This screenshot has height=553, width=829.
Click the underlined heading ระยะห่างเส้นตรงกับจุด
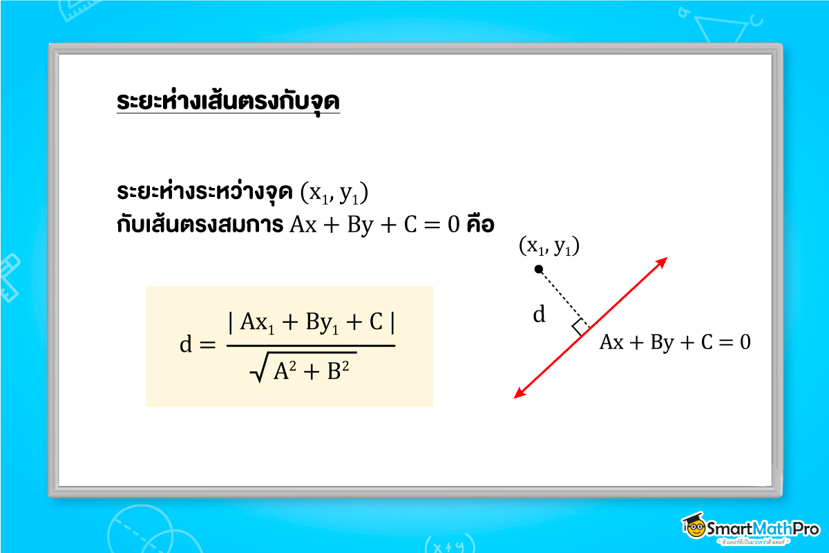click(x=228, y=101)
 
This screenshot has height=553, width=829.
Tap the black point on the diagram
click(x=539, y=269)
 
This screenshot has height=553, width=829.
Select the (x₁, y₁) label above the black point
click(x=549, y=246)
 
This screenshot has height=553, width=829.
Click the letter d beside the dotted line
click(x=539, y=315)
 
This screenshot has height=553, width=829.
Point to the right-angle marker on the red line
click(x=580, y=326)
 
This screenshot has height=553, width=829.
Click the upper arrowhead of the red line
click(x=663, y=261)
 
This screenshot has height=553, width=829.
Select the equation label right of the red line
click(x=674, y=342)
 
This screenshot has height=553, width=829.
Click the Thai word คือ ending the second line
click(x=480, y=226)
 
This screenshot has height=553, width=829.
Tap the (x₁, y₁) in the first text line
click(x=336, y=194)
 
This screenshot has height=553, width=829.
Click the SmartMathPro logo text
click(x=763, y=528)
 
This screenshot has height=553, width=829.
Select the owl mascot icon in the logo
click(x=694, y=527)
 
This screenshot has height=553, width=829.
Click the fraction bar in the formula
click(x=311, y=345)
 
